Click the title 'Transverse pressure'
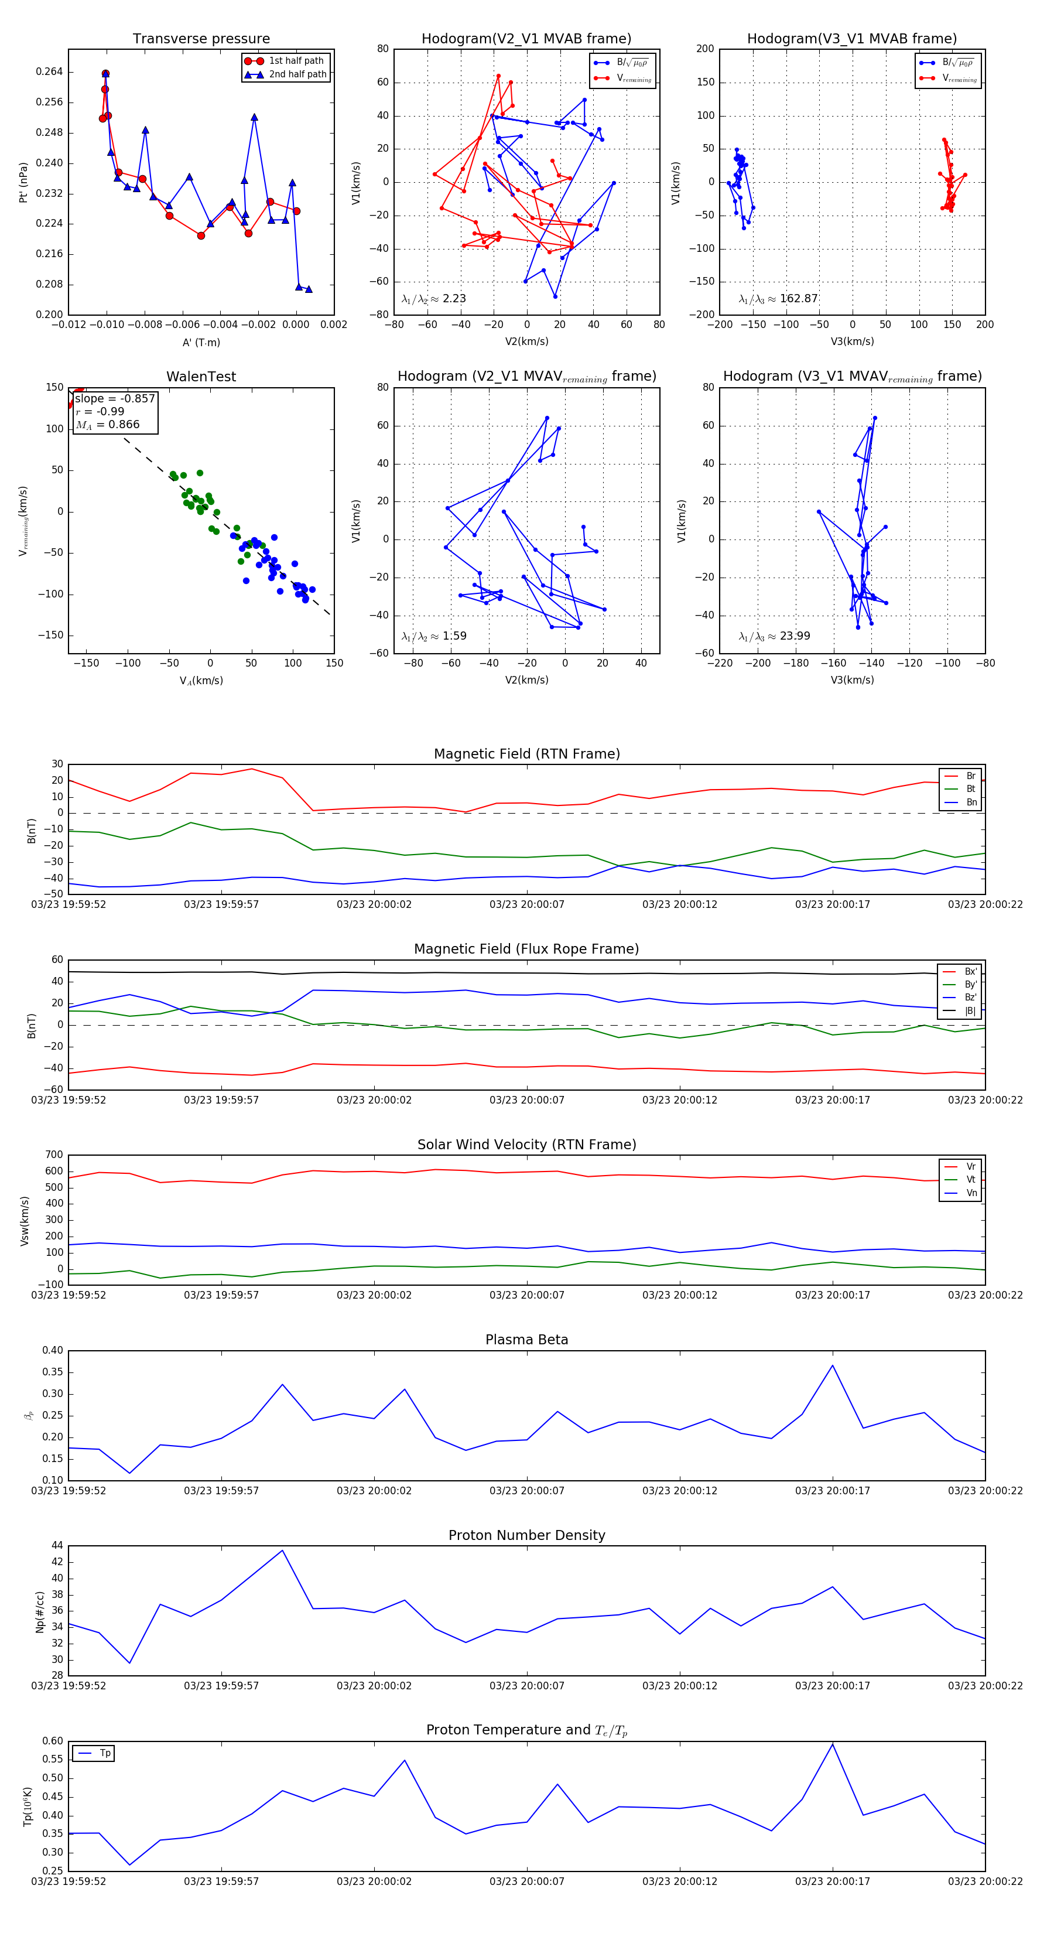click(201, 39)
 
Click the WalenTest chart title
click(201, 377)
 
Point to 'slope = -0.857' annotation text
click(115, 398)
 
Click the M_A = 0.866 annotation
click(107, 425)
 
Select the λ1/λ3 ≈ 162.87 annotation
click(778, 299)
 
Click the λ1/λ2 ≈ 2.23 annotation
click(433, 299)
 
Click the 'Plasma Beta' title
click(526, 1340)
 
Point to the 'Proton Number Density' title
click(526, 1535)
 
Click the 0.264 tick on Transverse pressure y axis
click(50, 72)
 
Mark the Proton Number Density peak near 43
click(282, 1551)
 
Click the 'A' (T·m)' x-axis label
click(201, 343)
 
